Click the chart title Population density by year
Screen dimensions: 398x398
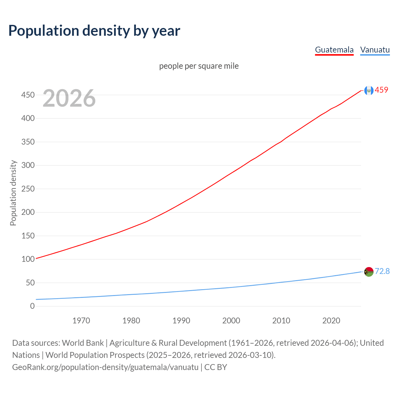pos(94,31)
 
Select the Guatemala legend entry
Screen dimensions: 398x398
pos(334,50)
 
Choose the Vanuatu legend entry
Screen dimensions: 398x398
pos(375,50)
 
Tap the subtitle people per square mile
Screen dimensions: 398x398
pos(199,66)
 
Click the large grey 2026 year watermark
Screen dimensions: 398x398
pos(69,98)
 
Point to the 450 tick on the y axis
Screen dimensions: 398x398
pos(28,95)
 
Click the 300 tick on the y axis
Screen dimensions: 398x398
pos(28,165)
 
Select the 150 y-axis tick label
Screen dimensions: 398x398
pos(28,236)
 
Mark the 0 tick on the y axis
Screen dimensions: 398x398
pos(32,306)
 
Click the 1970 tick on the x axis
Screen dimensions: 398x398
pos(81,321)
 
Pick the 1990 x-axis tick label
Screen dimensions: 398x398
pos(181,321)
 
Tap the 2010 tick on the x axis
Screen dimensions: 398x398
pos(281,321)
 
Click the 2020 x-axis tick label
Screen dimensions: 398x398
pos(331,321)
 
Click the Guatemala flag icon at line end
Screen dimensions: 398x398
pos(369,90)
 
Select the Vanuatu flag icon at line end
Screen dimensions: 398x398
pos(369,272)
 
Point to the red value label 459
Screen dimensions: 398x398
pos(382,90)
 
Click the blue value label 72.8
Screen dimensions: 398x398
pos(382,271)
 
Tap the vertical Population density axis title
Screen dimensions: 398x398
pos(13,193)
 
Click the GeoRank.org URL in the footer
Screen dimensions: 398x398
pos(105,367)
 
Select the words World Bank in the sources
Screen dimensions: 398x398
pos(83,343)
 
